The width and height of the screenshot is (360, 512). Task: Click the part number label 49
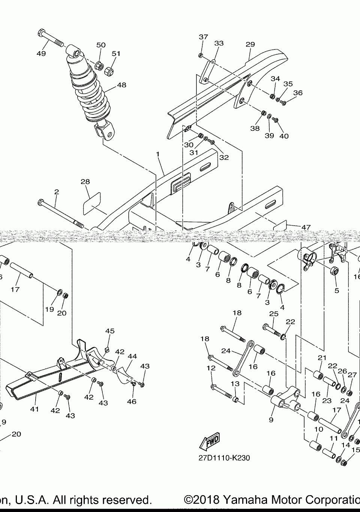tap(41, 54)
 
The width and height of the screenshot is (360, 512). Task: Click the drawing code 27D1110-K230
tap(224, 458)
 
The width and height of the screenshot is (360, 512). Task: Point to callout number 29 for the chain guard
tap(250, 44)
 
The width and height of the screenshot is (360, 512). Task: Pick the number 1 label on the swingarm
tap(158, 154)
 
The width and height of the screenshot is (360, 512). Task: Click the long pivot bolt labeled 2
tap(60, 214)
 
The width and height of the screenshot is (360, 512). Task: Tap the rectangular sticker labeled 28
tap(91, 203)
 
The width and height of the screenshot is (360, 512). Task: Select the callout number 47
tap(306, 227)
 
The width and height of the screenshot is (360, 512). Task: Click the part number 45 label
tap(109, 331)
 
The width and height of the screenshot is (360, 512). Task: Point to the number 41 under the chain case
tap(34, 409)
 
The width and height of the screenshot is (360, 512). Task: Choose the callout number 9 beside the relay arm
tap(271, 420)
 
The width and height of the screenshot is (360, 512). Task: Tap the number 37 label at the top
tap(203, 37)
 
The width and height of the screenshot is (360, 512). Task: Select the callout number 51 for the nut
tap(116, 54)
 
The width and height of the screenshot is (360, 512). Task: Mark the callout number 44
tap(132, 356)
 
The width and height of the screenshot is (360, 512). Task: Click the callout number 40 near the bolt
tap(284, 136)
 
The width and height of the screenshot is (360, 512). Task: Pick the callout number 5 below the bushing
tap(336, 290)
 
